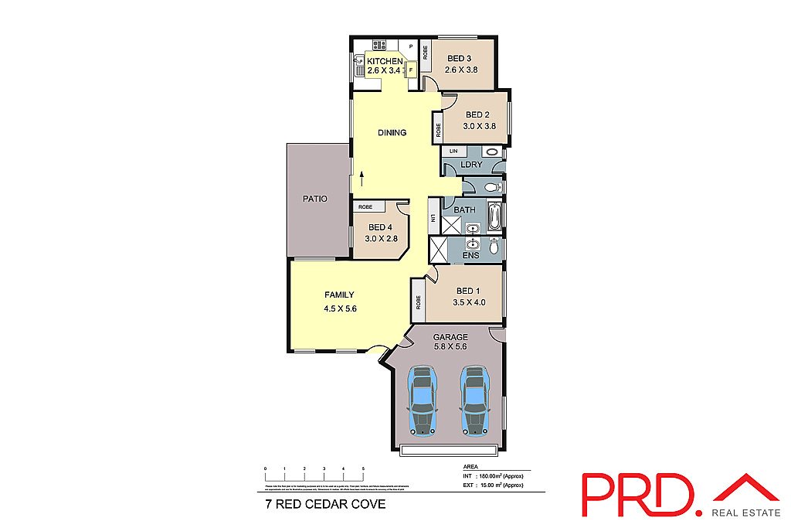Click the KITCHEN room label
[x=384, y=61]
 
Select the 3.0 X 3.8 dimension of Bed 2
[x=478, y=126]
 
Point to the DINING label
[x=392, y=133]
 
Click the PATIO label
[x=314, y=199]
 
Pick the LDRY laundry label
[x=470, y=165]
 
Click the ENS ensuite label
[x=470, y=255]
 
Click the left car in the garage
[x=422, y=400]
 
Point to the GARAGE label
[x=450, y=337]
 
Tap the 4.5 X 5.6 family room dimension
[x=340, y=308]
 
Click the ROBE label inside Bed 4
[x=365, y=207]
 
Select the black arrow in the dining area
[x=361, y=179]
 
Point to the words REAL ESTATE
[x=745, y=512]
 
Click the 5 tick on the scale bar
[x=363, y=470]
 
